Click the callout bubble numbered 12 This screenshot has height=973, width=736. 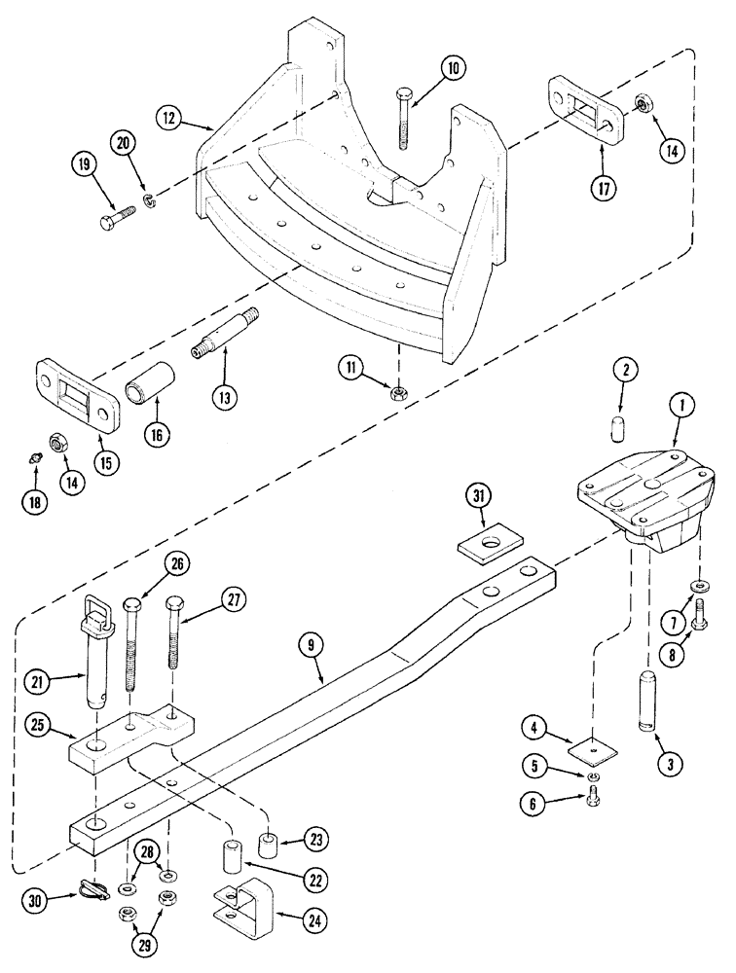tap(171, 118)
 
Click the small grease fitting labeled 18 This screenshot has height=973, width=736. tap(35, 457)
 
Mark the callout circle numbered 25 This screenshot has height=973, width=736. tap(40, 722)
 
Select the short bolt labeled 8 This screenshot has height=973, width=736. tap(701, 619)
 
